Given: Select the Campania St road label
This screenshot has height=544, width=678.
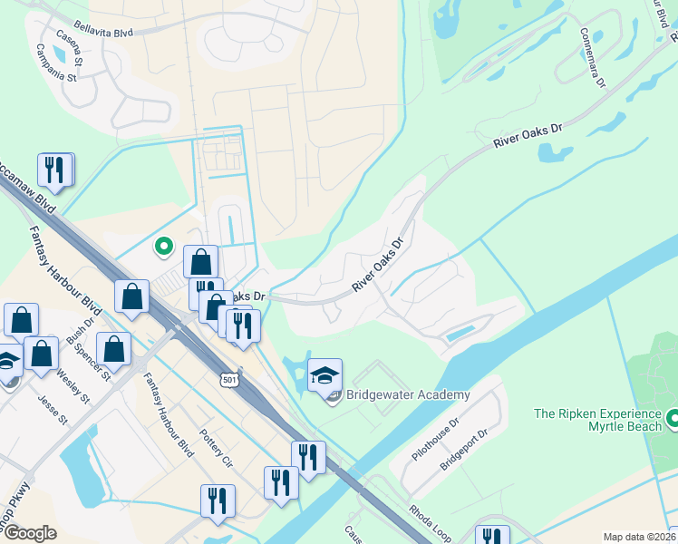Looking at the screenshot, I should pos(53,64).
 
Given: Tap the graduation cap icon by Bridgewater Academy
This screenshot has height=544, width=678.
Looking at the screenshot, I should pos(324,374).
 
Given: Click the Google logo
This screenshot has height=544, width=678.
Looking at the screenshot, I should pos(30,533).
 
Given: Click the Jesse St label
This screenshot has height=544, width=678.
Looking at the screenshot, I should pos(53,408).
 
